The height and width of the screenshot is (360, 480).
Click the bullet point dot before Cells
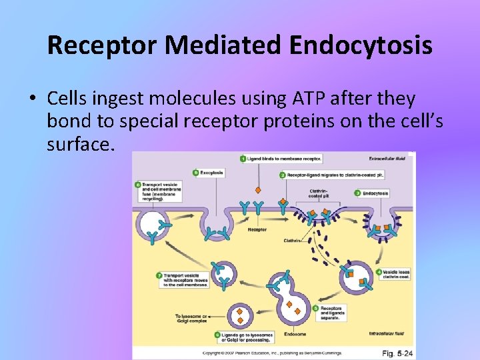point(32,99)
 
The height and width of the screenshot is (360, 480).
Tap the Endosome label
point(294,334)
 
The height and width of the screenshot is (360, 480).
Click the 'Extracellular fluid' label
point(387,159)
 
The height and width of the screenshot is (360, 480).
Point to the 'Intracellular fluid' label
point(386,333)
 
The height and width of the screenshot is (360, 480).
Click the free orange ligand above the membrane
point(257,189)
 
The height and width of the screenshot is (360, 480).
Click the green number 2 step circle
point(282,174)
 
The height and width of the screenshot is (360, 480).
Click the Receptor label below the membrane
point(257,229)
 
